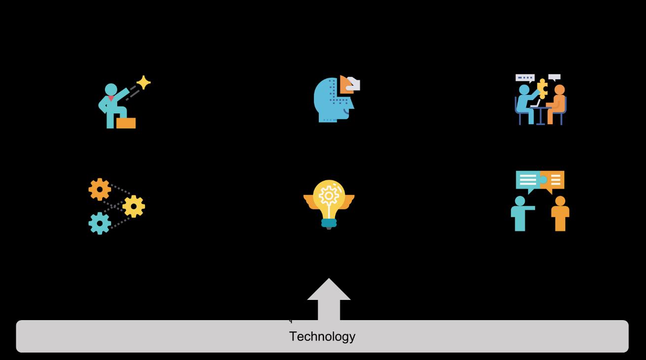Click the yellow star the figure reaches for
pyautogui.click(x=143, y=82)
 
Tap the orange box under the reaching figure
pyautogui.click(x=126, y=123)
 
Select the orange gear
pyautogui.click(x=100, y=189)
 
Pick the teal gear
pyautogui.click(x=100, y=223)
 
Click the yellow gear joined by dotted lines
pyautogui.click(x=134, y=206)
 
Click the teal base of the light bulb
pyautogui.click(x=329, y=223)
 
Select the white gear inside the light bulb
pyautogui.click(x=329, y=196)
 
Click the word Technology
pyautogui.click(x=322, y=336)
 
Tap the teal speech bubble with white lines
pyautogui.click(x=527, y=180)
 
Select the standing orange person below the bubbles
pyautogui.click(x=560, y=214)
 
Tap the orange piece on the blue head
pyautogui.click(x=345, y=84)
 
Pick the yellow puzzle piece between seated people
pyautogui.click(x=543, y=88)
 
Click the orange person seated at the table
pyautogui.click(x=557, y=104)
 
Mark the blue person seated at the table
pyautogui.click(x=524, y=104)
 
